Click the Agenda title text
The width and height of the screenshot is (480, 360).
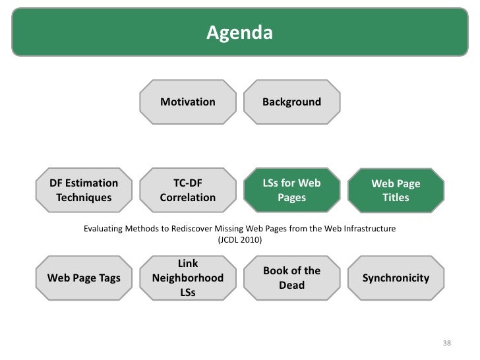click(239, 32)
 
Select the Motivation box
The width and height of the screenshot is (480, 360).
click(188, 102)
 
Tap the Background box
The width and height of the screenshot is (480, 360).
click(291, 102)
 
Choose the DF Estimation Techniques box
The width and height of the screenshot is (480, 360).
click(84, 190)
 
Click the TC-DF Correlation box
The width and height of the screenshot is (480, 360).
click(188, 190)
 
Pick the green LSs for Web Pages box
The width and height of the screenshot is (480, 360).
click(291, 190)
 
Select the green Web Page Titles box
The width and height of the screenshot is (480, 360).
click(396, 190)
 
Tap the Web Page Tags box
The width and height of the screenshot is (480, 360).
click(84, 278)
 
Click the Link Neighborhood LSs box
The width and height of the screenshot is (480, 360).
click(188, 278)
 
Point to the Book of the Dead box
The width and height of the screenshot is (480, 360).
click(291, 278)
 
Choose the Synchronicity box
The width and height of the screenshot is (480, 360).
click(396, 278)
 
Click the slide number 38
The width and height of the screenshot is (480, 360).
click(446, 344)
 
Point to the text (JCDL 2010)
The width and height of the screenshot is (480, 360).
click(239, 240)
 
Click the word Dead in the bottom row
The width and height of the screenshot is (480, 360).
click(291, 285)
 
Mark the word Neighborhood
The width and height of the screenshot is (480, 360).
click(188, 278)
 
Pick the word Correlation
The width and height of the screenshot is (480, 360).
click(188, 197)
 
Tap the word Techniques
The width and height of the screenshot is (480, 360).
click(84, 197)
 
